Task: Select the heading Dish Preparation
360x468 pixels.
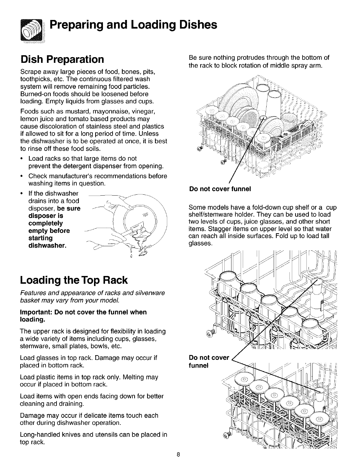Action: [62, 59]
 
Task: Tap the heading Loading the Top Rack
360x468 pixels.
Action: [74, 280]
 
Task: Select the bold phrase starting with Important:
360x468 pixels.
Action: [83, 316]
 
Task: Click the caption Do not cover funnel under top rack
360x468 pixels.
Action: [220, 189]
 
